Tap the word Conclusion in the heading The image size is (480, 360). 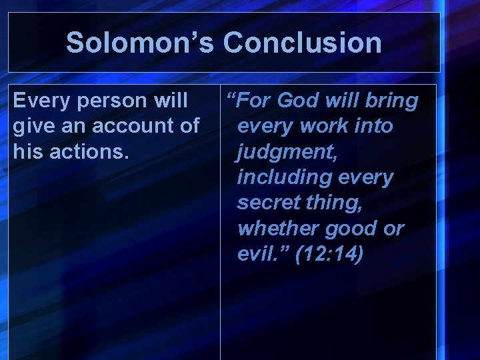tap(302, 43)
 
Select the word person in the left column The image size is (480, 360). tap(113, 101)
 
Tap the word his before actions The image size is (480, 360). tap(27, 152)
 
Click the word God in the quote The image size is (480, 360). tap(298, 101)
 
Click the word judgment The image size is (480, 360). tap(287, 152)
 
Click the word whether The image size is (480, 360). tap(278, 229)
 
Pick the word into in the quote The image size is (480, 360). tap(373, 126)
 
